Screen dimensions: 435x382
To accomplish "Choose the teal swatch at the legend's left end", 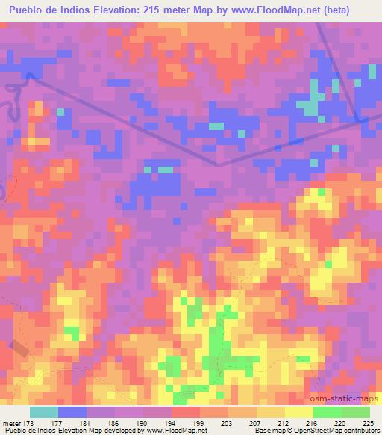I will click(44, 412).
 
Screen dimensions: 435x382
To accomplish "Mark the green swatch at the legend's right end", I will click(356, 412).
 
